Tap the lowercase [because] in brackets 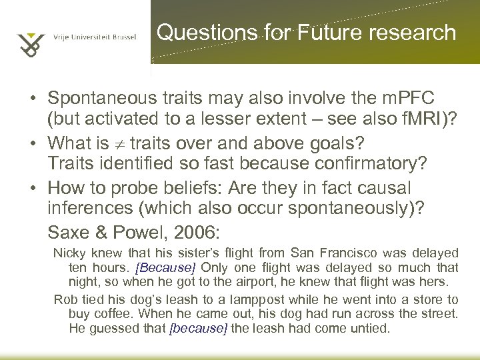pyautogui.click(x=199, y=327)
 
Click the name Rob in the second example pyautogui.click(x=63, y=299)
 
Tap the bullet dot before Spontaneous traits pyautogui.click(x=33, y=100)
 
